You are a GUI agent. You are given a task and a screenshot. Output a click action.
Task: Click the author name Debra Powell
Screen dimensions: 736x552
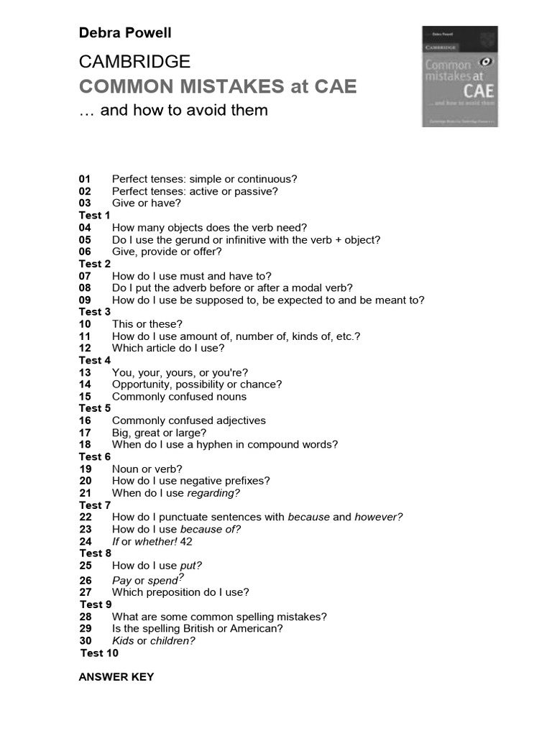125,33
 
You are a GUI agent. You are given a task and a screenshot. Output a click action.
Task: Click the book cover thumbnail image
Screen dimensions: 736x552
459,77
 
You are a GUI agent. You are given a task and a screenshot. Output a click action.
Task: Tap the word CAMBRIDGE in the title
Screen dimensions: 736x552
134,61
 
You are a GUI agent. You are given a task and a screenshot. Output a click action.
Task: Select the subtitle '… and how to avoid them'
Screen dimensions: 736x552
173,110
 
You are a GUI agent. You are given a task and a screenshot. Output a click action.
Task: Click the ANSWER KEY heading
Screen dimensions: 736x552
116,677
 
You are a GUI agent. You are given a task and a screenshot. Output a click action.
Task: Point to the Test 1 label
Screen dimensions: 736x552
95,216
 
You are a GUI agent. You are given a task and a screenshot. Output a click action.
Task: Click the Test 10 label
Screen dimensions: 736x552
99,653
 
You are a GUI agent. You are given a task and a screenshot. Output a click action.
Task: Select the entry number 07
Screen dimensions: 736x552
86,276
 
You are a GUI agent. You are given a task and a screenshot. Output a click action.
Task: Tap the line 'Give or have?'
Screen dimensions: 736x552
147,203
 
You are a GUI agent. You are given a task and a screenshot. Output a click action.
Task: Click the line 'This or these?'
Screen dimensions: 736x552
147,324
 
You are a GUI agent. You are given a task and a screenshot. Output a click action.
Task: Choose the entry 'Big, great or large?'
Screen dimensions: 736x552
159,433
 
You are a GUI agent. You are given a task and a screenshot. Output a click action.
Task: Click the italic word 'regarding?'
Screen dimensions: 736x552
213,493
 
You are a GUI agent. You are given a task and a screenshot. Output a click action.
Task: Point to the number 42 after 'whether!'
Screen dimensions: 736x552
187,541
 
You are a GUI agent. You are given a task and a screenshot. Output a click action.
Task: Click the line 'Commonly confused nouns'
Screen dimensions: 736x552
179,397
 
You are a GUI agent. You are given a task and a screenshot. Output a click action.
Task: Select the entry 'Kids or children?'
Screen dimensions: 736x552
154,641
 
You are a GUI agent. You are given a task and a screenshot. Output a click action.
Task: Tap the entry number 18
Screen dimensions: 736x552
86,445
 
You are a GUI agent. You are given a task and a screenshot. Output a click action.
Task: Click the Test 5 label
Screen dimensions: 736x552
95,408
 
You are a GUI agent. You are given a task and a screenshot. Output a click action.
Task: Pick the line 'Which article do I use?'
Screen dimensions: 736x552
168,348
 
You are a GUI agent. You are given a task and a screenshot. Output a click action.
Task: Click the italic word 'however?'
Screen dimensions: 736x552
379,517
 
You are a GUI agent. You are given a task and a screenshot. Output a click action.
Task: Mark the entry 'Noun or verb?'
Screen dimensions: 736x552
147,469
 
